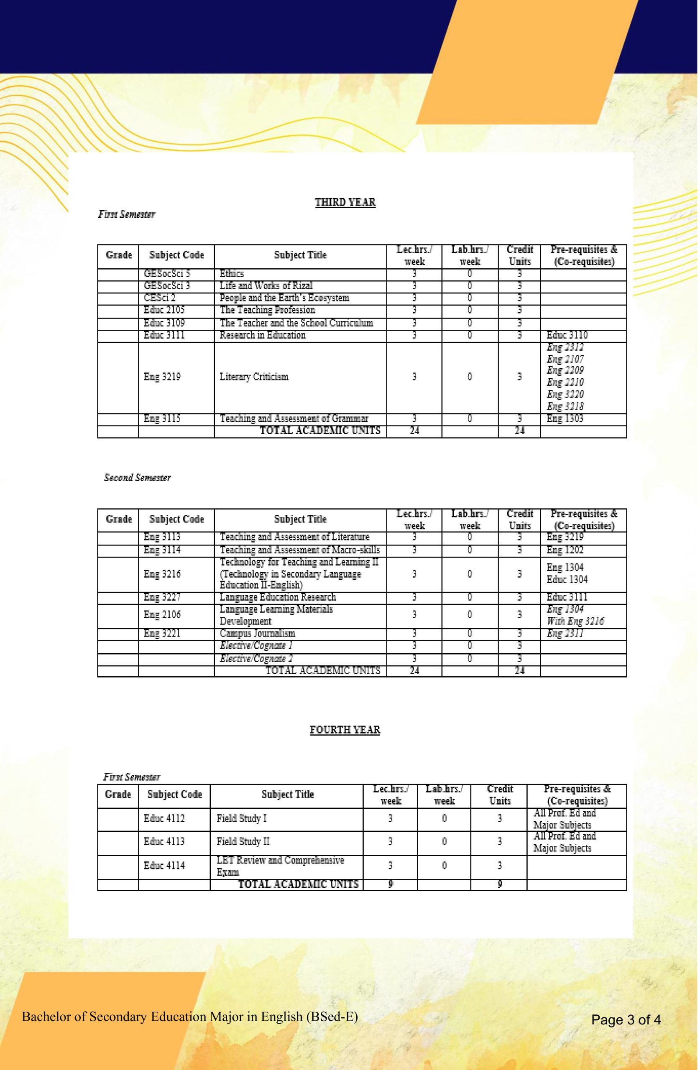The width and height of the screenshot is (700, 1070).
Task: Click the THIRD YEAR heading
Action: coord(345,202)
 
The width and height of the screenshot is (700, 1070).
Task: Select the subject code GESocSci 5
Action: coord(167,273)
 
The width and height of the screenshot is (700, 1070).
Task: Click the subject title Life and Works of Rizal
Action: coord(266,285)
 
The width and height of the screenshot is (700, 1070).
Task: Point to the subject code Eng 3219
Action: coord(162,377)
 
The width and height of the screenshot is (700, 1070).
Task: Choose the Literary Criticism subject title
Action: coord(254,377)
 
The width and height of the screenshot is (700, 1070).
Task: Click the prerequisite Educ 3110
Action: coord(567,335)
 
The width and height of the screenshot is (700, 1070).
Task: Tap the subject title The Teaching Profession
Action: coord(267,310)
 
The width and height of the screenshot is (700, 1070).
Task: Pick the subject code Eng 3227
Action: coord(162,597)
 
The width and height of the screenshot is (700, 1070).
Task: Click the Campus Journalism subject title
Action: coord(257,633)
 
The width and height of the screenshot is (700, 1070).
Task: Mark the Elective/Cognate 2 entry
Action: coord(256,659)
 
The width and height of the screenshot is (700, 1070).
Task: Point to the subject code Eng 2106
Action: coord(162,614)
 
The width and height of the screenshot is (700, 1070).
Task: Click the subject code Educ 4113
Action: coord(164,841)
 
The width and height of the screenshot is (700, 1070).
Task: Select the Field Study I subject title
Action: coord(242,818)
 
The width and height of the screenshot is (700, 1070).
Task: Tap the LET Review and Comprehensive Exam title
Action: coord(280,866)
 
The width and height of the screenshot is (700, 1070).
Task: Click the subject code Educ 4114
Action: coord(164,866)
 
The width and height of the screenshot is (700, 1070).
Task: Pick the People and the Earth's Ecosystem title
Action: coord(284,298)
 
